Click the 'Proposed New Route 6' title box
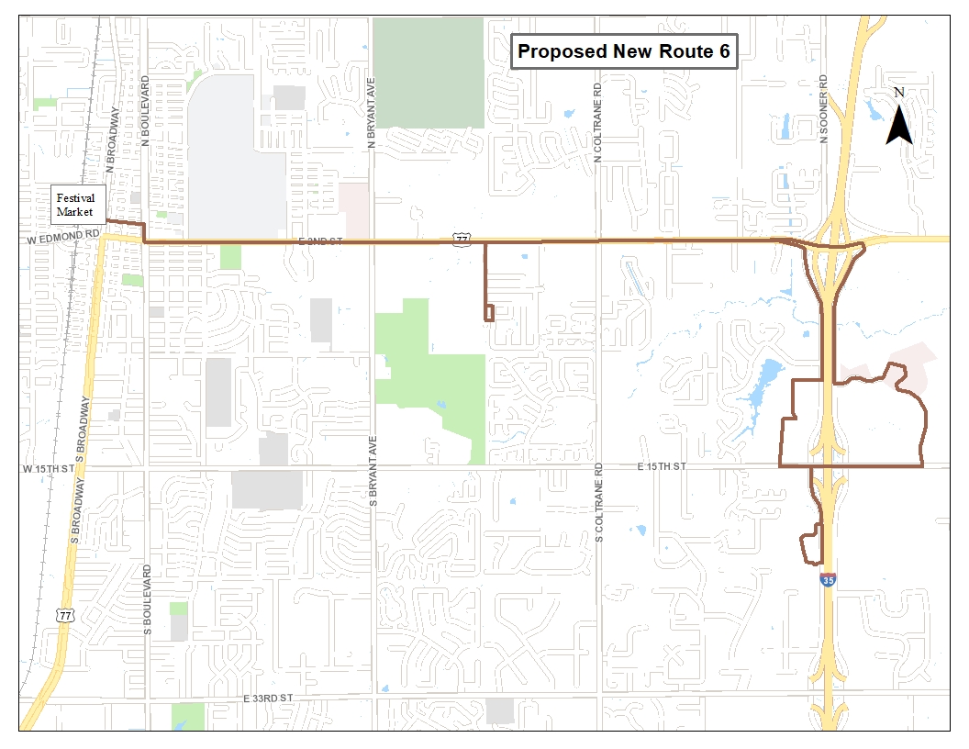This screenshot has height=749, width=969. tap(623, 51)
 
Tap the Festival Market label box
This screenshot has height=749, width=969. tap(76, 207)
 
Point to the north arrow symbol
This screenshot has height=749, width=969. tap(899, 125)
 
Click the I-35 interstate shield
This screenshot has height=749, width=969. tap(828, 580)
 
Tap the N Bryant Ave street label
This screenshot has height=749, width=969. tap(372, 113)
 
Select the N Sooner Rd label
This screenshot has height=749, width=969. tap(824, 109)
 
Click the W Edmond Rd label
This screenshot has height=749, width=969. tap(61, 235)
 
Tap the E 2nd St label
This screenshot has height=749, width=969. tap(320, 240)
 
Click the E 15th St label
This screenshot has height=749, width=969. tap(662, 466)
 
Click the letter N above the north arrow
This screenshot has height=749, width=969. tap(899, 92)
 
